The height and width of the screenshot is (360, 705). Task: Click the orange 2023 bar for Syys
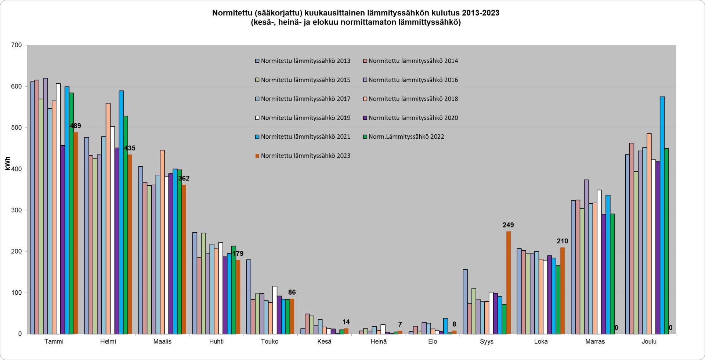[x=509, y=283]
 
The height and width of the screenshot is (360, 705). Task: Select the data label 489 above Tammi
[x=75, y=126]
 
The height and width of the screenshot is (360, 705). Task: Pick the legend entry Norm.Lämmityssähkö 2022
[x=406, y=137]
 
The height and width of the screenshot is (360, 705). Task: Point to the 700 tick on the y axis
[x=17, y=45]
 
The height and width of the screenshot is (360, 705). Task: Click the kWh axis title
[x=8, y=164]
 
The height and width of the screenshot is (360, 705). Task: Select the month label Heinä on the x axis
[x=379, y=342]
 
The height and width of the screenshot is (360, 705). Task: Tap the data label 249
[x=508, y=225]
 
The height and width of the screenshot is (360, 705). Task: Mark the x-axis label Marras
[x=595, y=342]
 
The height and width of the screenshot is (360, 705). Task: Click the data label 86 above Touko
[x=292, y=292]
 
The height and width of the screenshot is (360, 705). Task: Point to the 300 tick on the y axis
[x=17, y=210]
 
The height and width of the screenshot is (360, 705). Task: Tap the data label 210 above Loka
[x=562, y=241]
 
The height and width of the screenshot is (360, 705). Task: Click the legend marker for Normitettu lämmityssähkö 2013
[x=257, y=61]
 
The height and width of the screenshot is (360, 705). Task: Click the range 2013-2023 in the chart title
[x=481, y=13]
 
